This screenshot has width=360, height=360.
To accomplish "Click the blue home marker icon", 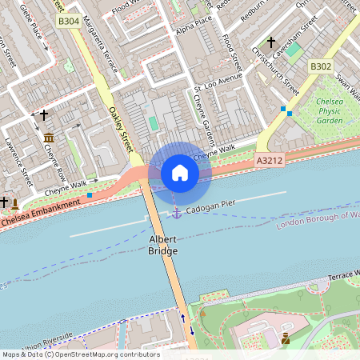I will click(x=180, y=173).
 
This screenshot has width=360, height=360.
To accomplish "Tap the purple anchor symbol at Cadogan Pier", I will click(x=176, y=213).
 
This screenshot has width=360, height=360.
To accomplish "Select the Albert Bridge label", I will click(x=163, y=245).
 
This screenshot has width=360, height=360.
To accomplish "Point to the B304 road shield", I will click(x=68, y=22).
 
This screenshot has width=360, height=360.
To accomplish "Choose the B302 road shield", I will click(x=320, y=66).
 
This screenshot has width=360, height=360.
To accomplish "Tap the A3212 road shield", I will click(x=269, y=161).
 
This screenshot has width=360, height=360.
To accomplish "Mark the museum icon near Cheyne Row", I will click(x=49, y=138).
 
